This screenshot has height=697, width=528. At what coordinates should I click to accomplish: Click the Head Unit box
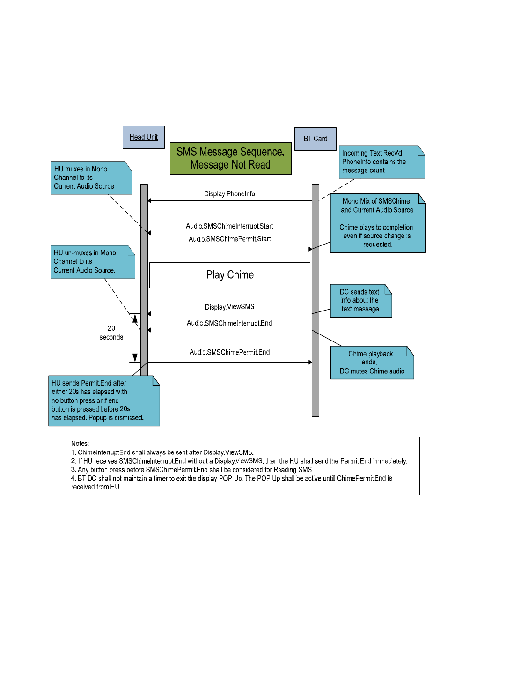click(143, 137)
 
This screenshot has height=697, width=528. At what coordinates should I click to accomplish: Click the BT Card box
click(315, 139)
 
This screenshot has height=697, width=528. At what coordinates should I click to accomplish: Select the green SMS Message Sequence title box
click(230, 158)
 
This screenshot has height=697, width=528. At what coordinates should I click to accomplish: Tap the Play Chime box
click(230, 275)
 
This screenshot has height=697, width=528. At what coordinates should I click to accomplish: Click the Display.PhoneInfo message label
click(229, 194)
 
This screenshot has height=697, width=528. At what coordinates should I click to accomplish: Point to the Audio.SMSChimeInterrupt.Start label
click(229, 226)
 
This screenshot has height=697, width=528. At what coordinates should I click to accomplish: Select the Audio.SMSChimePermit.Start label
click(229, 239)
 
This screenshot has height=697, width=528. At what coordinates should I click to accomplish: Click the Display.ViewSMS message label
click(229, 307)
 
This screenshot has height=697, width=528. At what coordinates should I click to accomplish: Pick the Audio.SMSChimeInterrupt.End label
click(229, 323)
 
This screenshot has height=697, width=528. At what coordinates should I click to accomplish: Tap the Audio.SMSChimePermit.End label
click(229, 352)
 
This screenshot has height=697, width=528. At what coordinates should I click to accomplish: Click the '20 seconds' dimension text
click(111, 333)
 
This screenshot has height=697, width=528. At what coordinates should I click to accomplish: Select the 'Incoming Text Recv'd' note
click(382, 162)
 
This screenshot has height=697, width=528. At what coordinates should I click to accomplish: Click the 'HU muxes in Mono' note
click(91, 178)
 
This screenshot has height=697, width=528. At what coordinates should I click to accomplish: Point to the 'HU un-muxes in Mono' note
click(93, 262)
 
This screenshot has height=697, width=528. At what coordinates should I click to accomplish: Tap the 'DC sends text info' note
click(361, 301)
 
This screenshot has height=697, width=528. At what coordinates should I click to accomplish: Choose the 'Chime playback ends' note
click(372, 363)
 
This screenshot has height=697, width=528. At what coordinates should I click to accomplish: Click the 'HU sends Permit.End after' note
click(104, 401)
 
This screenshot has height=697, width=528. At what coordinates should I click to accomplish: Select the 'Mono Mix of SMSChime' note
click(378, 223)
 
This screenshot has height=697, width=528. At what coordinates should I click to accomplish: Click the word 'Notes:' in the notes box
click(80, 444)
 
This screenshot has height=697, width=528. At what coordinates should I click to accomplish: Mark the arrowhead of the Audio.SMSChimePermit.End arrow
click(310, 362)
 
